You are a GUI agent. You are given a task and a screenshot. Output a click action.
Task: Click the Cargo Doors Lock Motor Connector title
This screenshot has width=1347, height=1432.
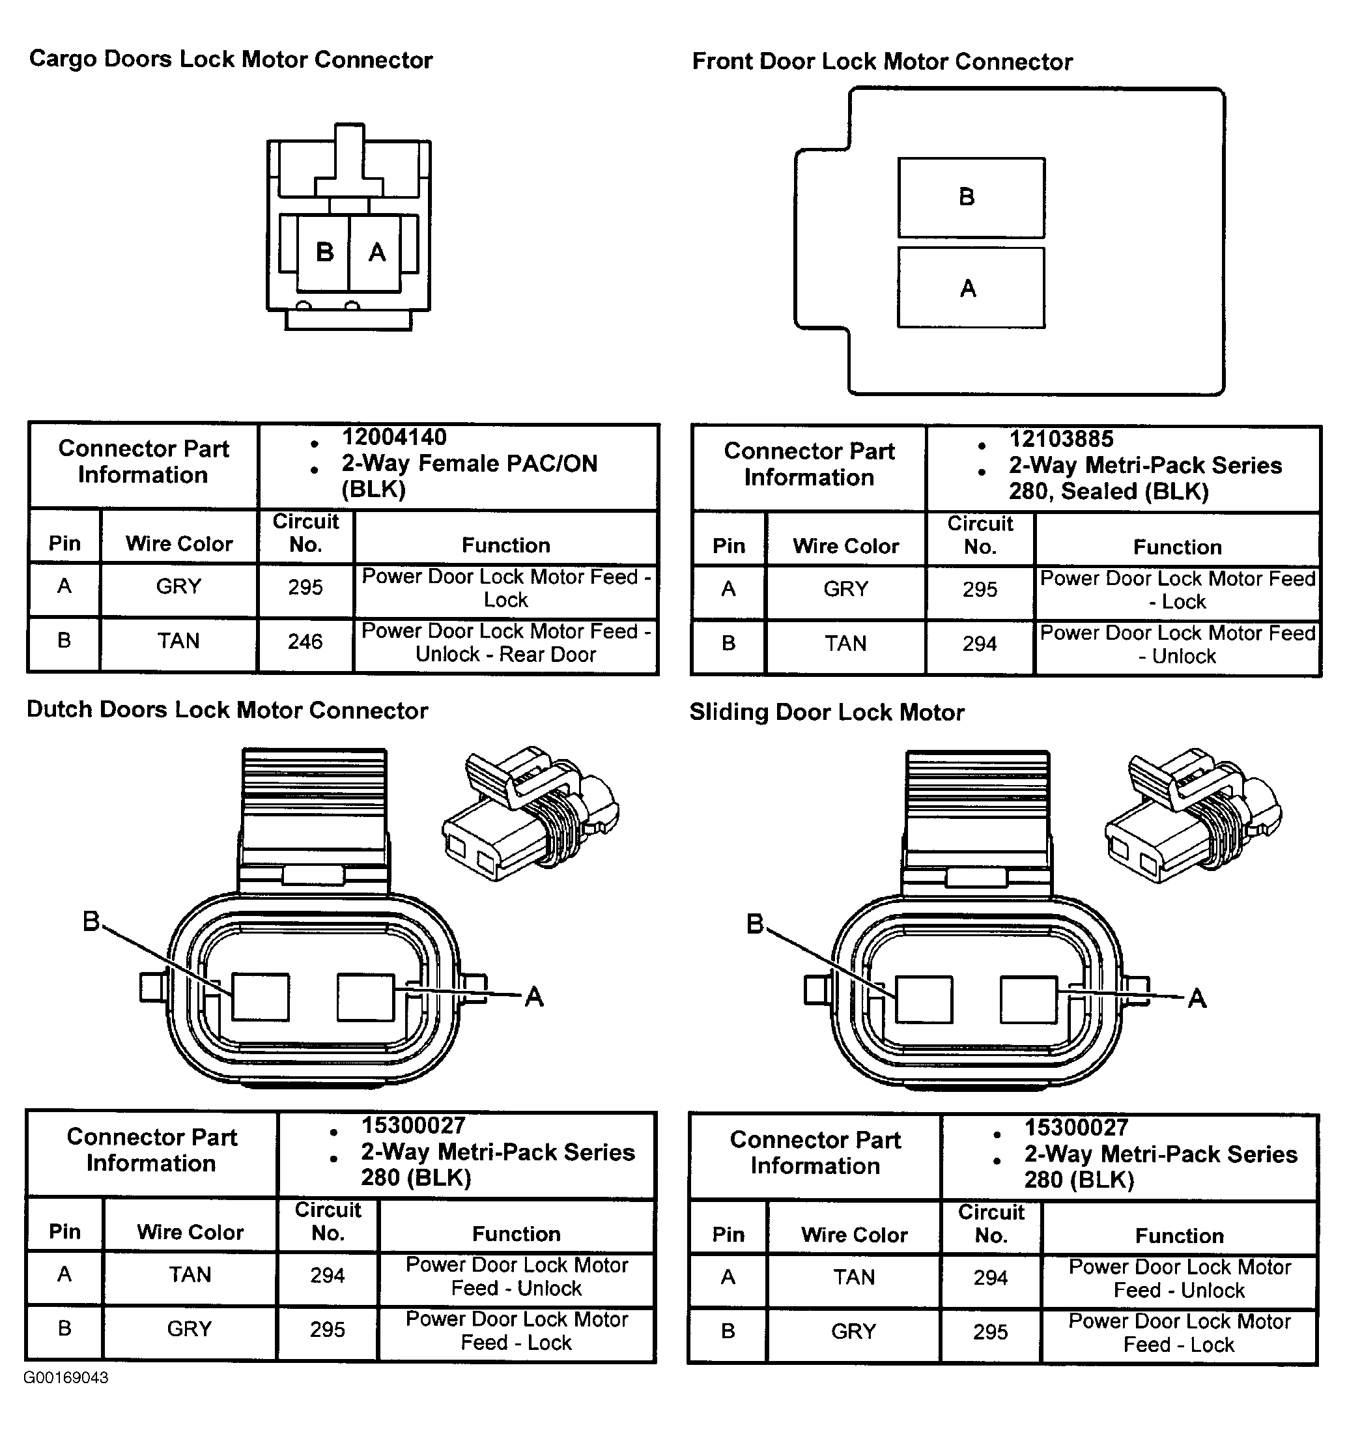point(231,60)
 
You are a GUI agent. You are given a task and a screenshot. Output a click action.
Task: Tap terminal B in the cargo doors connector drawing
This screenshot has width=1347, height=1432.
point(324,252)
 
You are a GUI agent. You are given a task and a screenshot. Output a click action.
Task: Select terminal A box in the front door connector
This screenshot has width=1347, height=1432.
point(971,288)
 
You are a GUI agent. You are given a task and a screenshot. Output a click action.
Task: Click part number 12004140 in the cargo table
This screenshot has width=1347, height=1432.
point(394,437)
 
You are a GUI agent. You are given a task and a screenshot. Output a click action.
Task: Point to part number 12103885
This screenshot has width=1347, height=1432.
point(1061,439)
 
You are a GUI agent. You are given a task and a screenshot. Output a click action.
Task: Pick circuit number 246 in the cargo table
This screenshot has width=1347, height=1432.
point(305,642)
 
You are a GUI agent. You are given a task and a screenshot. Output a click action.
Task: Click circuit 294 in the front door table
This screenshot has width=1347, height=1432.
point(980,644)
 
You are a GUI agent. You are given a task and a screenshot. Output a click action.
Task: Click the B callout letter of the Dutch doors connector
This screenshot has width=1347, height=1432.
point(91,921)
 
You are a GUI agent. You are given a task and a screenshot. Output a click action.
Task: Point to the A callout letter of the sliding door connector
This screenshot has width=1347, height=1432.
point(1197,998)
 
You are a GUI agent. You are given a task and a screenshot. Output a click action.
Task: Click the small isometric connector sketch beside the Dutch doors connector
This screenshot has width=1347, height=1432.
point(531,814)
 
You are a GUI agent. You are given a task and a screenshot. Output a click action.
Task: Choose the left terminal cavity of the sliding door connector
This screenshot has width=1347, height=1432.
point(924,1000)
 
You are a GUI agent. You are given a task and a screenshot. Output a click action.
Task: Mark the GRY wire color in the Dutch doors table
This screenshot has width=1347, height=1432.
point(190,1329)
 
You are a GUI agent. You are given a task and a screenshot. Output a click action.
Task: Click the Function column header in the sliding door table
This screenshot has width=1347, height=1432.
point(1179,1236)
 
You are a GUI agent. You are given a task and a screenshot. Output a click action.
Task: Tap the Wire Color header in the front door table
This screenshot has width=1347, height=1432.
point(845,546)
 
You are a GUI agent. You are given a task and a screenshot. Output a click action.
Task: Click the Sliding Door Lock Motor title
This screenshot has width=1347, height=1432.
point(827,712)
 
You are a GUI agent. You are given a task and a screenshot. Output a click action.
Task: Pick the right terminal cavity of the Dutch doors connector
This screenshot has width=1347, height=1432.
point(366,997)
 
